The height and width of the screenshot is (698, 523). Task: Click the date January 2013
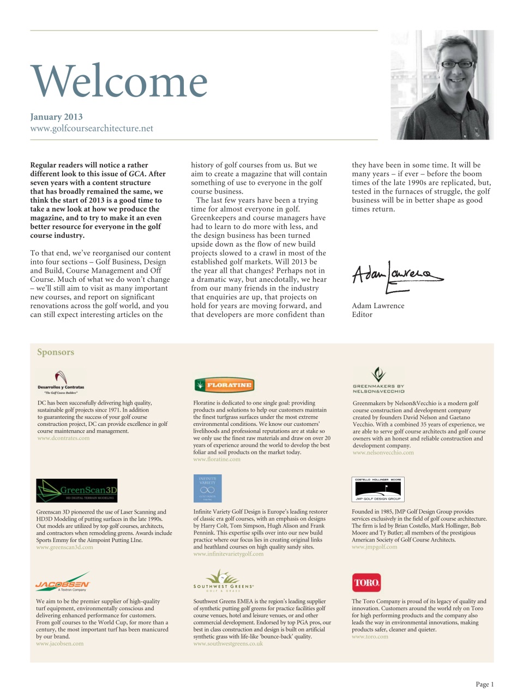coord(57,117)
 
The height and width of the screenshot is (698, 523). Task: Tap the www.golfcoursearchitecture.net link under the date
coord(92,129)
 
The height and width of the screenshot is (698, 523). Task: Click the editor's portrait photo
coord(442,85)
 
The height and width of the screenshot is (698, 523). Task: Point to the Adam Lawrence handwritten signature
coord(397,274)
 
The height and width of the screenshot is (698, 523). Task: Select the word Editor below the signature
coord(362,315)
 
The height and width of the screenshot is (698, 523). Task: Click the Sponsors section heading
coord(56,352)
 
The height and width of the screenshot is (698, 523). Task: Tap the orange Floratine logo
coord(224,385)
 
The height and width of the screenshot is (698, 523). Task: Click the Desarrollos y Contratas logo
coord(61,382)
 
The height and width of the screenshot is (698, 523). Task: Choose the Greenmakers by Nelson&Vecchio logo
coord(378,381)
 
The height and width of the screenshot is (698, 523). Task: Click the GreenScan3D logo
coord(77,490)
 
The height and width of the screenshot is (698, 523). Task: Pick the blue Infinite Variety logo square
coord(207,488)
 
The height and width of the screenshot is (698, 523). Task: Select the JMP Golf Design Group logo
coord(378,489)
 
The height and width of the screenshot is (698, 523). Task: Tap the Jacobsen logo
coord(63,582)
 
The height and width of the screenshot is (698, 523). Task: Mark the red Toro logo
coord(366,582)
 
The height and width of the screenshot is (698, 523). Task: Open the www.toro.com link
coord(370,636)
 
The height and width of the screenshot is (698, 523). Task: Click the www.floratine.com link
coord(217,459)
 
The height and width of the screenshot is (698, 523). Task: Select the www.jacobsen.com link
coord(60,643)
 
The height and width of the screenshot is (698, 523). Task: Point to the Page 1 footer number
coord(484,684)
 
